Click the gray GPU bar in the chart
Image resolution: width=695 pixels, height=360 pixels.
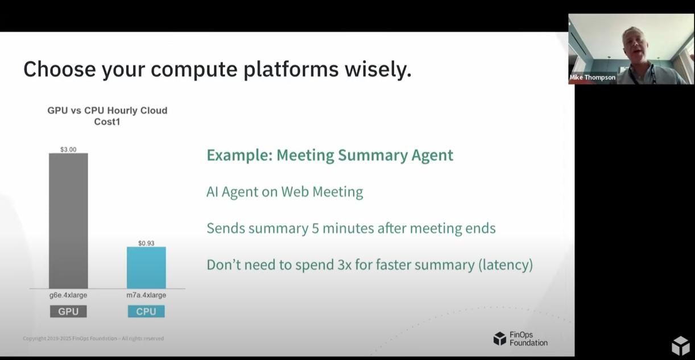pyautogui.click(x=68, y=221)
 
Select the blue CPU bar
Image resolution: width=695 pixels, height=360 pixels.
pyautogui.click(x=146, y=267)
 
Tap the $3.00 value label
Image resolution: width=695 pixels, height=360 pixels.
pyautogui.click(x=68, y=150)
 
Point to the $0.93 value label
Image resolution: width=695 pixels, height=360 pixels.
pyautogui.click(x=146, y=243)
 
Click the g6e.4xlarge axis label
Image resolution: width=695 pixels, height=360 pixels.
pyautogui.click(x=68, y=295)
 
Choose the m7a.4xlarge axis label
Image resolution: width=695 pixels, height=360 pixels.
pyautogui.click(x=146, y=295)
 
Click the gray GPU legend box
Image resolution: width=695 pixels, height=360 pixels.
pyautogui.click(x=68, y=311)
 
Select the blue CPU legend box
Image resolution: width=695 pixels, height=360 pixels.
pyautogui.click(x=146, y=311)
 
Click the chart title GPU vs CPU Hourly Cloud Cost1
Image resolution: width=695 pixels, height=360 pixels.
pyautogui.click(x=107, y=116)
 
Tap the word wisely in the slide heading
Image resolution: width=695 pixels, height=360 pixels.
pyautogui.click(x=378, y=69)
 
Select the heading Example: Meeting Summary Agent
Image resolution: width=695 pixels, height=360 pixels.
pyautogui.click(x=330, y=155)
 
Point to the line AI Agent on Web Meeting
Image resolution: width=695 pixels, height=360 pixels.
pyautogui.click(x=284, y=192)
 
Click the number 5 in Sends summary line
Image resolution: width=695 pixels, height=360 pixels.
pyautogui.click(x=315, y=228)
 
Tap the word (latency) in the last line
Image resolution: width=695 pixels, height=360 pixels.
pyautogui.click(x=506, y=264)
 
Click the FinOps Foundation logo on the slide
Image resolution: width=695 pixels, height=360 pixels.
pyautogui.click(x=520, y=338)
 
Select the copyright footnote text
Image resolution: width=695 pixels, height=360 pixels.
pyautogui.click(x=93, y=338)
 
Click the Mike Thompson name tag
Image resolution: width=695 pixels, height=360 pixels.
pyautogui.click(x=592, y=77)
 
